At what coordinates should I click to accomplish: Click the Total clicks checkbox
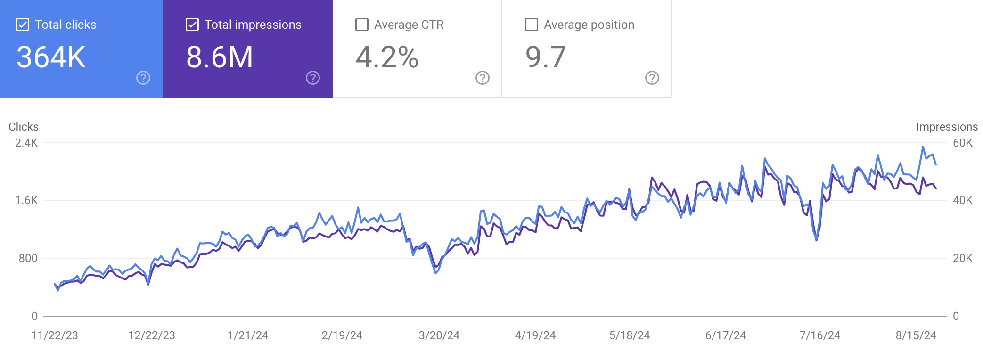(23, 25)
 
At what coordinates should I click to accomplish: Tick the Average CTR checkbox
(362, 25)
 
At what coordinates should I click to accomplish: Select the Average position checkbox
(532, 25)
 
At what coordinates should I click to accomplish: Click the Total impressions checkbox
(192, 25)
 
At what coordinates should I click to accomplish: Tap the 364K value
(51, 57)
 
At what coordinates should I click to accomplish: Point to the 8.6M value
(220, 57)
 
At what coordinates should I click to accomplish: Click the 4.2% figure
(387, 57)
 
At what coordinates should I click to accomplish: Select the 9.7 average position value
(546, 57)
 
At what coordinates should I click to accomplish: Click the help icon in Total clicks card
(143, 78)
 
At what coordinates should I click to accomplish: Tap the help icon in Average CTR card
(483, 78)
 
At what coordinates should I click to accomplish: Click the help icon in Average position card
(652, 78)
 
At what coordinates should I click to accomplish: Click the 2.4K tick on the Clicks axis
(26, 143)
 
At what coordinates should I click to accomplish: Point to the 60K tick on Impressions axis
(962, 143)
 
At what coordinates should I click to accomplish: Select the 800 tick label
(28, 258)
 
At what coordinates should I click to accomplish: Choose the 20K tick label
(962, 258)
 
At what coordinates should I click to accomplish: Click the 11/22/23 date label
(55, 335)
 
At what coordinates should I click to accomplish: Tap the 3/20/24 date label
(439, 335)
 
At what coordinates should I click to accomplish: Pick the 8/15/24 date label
(916, 335)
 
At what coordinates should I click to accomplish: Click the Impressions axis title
(947, 127)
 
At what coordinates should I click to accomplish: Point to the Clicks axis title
(24, 127)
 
